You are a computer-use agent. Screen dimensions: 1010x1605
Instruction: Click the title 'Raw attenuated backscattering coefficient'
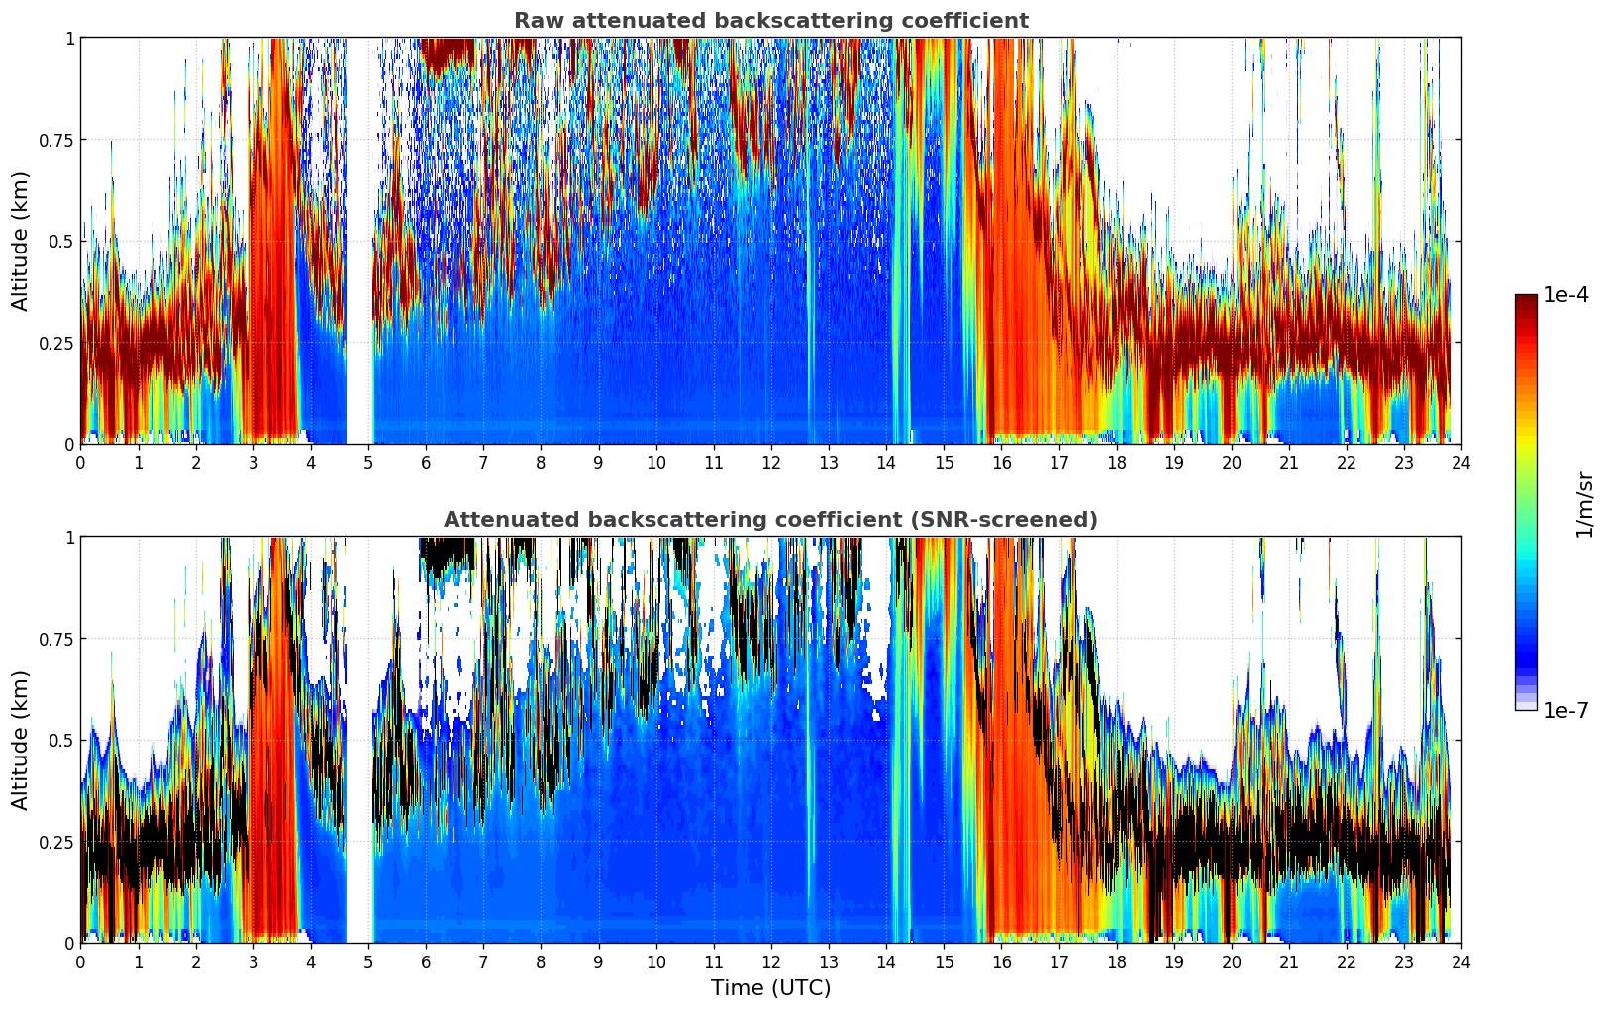(770, 21)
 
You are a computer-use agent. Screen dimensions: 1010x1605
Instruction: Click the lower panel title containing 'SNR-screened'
(770, 520)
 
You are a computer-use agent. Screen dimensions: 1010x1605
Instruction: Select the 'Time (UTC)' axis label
(770, 988)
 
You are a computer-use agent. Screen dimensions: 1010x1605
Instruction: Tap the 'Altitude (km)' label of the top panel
(21, 241)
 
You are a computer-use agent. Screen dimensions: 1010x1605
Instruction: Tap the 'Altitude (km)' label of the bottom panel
(21, 740)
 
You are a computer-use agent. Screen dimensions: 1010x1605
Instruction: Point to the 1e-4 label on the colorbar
(1565, 295)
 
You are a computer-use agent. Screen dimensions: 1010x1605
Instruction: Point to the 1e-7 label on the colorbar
(1565, 710)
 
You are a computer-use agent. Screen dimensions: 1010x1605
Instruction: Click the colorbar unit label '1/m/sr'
(1583, 504)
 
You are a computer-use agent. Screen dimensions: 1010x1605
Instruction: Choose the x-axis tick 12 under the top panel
(770, 462)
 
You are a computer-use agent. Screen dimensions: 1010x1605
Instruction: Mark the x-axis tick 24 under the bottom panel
(1460, 961)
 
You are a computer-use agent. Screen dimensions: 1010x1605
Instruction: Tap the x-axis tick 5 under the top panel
(368, 462)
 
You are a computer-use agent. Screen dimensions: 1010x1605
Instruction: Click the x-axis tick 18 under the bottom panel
(1116, 961)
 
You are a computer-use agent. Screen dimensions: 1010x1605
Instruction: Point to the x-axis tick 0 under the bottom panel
(80, 961)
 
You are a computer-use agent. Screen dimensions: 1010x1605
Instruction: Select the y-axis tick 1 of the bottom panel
(69, 537)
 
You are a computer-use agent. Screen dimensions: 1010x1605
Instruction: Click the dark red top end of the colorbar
(1526, 299)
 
